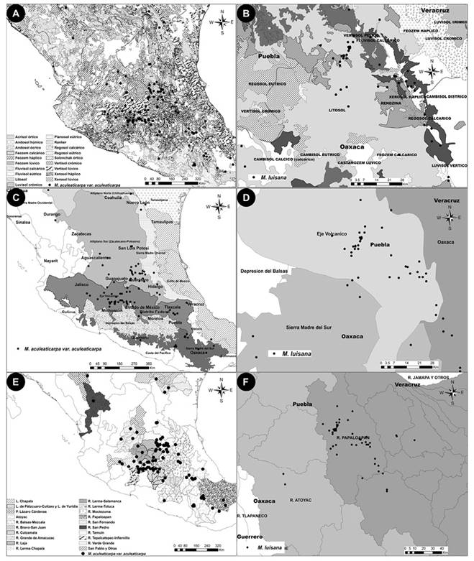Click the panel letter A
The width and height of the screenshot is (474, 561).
coord(12,12)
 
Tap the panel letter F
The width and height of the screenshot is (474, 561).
coord(247,383)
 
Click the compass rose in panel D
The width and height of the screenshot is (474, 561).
coord(448,216)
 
